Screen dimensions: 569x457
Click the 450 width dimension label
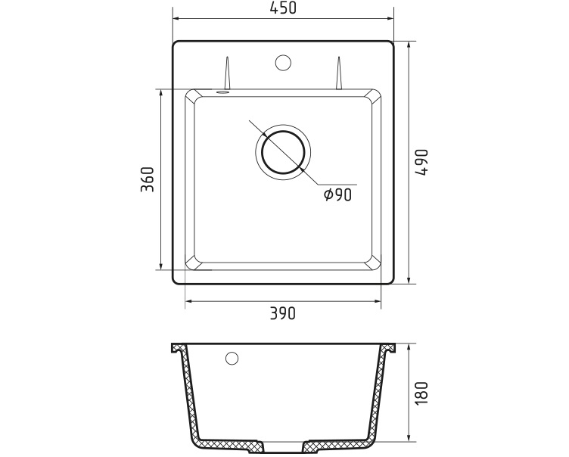click(x=283, y=8)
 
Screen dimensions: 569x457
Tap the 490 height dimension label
click(x=422, y=162)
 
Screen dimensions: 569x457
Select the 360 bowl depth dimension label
click(x=148, y=179)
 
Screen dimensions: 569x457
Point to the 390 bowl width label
click(x=283, y=313)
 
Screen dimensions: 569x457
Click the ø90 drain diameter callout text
click(x=338, y=195)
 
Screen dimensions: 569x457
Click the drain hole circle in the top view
click(x=283, y=151)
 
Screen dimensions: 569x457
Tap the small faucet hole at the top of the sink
click(x=283, y=63)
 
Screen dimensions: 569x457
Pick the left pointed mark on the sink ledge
click(x=227, y=73)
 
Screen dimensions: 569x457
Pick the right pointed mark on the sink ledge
click(x=338, y=73)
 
